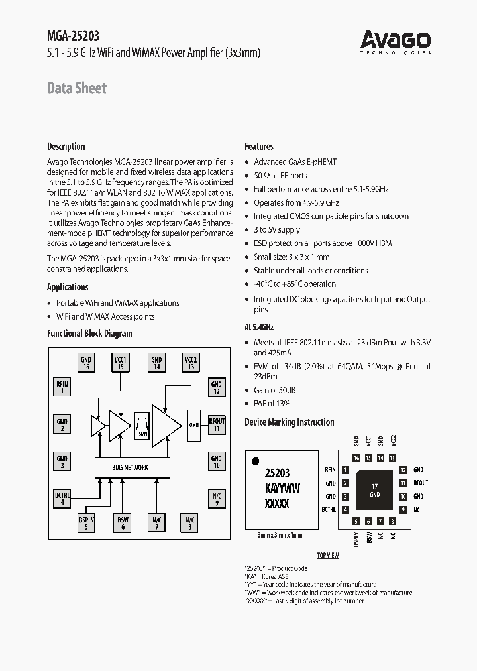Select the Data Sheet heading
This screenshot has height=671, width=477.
tap(77, 88)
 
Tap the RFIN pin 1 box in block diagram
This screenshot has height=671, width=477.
tap(62, 387)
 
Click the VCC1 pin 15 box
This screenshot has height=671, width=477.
tap(121, 362)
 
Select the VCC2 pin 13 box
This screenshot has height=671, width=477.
tap(190, 362)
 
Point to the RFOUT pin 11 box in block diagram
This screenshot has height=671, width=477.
tap(217, 424)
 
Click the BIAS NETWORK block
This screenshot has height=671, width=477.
tap(130, 467)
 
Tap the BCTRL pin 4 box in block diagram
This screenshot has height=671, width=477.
tap(62, 499)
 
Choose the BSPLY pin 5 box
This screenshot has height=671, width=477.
tap(86, 523)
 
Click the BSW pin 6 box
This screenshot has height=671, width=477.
tap(122, 523)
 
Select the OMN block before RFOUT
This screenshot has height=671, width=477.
tap(193, 425)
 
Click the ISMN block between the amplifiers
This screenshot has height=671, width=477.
tap(142, 426)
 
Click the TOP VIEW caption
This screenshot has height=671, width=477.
tap(327, 555)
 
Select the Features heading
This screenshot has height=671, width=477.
tap(258, 147)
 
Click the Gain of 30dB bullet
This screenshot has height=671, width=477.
tap(274, 390)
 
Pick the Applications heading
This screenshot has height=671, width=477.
tap(68, 287)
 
